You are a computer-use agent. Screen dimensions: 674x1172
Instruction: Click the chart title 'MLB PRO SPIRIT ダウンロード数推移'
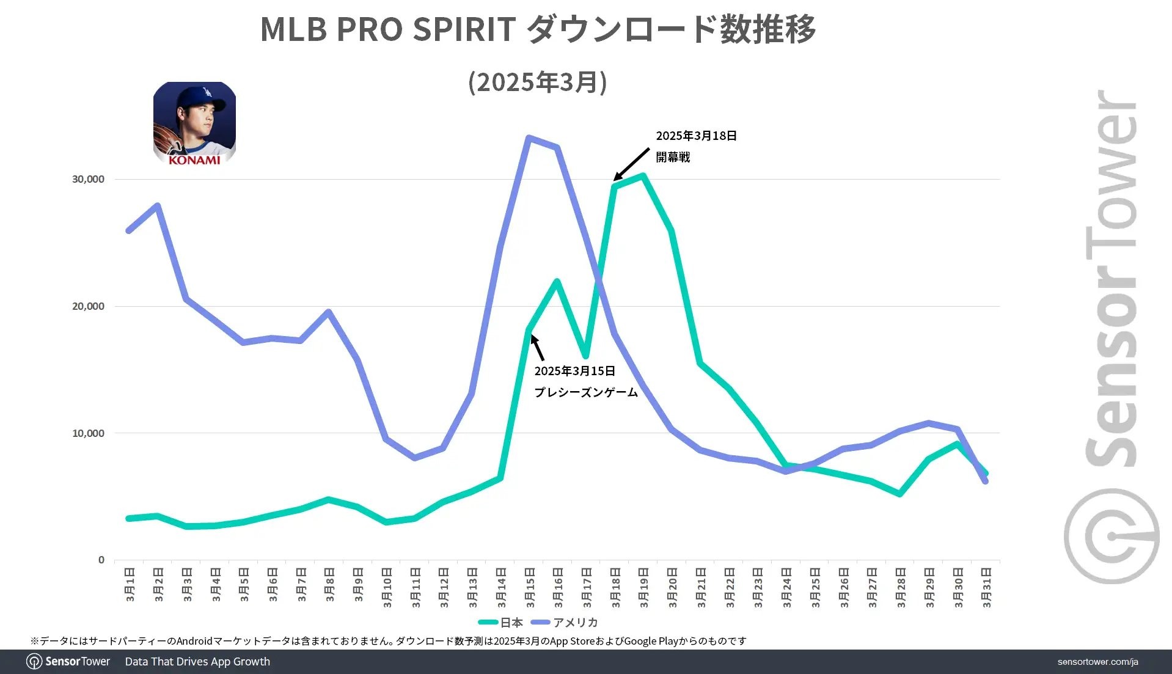[x=538, y=29]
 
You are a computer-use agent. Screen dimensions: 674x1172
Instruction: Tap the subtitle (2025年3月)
[x=538, y=82]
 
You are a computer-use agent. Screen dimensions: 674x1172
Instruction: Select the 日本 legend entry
[x=501, y=623]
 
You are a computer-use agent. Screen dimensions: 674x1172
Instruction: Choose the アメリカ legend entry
[x=565, y=623]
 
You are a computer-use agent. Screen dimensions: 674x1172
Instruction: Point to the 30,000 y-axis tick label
[x=88, y=179]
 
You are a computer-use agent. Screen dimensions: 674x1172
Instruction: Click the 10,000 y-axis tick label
[x=88, y=433]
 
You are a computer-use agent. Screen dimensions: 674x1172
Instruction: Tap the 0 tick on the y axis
[x=101, y=560]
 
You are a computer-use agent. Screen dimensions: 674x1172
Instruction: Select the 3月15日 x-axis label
[x=530, y=587]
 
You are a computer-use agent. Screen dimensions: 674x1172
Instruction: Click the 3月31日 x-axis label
[x=986, y=587]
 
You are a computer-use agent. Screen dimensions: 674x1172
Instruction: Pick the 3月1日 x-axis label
[x=130, y=585]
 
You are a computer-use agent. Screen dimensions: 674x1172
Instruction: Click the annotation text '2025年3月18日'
[x=696, y=136]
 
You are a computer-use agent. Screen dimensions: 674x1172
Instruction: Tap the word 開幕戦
[x=673, y=157]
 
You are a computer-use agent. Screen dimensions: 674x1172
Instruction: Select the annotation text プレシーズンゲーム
[x=586, y=392]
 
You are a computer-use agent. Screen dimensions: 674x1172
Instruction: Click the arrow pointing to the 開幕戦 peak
[x=631, y=164]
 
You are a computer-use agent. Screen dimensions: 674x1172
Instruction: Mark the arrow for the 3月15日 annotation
[x=537, y=348]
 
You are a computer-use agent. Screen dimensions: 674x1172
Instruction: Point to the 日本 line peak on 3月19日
[x=643, y=176]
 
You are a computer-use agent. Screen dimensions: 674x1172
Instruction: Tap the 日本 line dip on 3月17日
[x=586, y=355]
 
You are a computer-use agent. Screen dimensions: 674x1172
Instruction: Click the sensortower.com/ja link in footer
[x=1097, y=662]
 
